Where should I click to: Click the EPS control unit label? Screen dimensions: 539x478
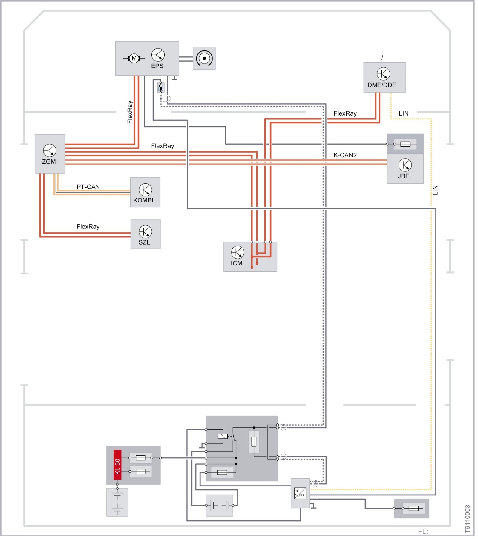click(157, 66)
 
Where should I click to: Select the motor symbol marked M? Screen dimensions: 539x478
click(134, 58)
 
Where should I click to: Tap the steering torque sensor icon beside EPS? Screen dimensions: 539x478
click(204, 58)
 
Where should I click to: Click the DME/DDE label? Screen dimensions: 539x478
click(382, 85)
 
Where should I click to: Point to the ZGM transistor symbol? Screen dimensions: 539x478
click(50, 151)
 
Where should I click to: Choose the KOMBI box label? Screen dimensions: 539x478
click(143, 200)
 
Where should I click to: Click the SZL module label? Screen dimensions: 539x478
click(144, 242)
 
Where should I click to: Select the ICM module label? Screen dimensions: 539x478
click(236, 263)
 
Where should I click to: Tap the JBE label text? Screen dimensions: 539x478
click(403, 176)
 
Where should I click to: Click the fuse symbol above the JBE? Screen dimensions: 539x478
click(405, 144)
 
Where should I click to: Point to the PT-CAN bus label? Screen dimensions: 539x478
click(88, 187)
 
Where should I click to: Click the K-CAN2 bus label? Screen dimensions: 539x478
click(345, 155)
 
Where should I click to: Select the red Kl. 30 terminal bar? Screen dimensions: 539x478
click(117, 465)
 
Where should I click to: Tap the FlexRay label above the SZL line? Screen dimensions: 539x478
click(88, 227)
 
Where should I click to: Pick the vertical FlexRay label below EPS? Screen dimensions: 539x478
click(130, 112)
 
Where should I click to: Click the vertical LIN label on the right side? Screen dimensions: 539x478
click(435, 190)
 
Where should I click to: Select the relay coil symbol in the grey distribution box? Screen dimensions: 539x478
click(223, 436)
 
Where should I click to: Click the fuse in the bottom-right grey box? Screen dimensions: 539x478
click(413, 508)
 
